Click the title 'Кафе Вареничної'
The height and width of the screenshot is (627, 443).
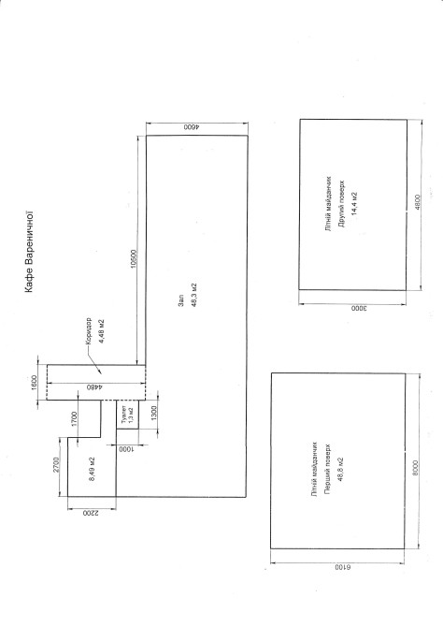pyautogui.click(x=30, y=252)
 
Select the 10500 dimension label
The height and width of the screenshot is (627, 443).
pyautogui.click(x=135, y=258)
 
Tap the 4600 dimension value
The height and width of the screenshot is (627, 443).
pyautogui.click(x=192, y=127)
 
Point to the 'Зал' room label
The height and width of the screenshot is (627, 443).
pyautogui.click(x=181, y=301)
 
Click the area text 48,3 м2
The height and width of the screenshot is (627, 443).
pyautogui.click(x=194, y=295)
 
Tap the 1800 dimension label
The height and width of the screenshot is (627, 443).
pyautogui.click(x=35, y=383)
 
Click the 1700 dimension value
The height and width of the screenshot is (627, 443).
pyautogui.click(x=75, y=419)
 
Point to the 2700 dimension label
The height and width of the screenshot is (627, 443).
pyautogui.click(x=56, y=465)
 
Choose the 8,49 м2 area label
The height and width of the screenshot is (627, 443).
pyautogui.click(x=92, y=468)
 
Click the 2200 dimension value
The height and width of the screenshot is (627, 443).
pyautogui.click(x=91, y=513)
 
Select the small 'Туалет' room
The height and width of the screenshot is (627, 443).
pyautogui.click(x=127, y=415)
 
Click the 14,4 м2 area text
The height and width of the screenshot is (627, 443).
pyautogui.click(x=353, y=204)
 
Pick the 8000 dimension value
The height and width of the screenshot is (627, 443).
pyautogui.click(x=416, y=468)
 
